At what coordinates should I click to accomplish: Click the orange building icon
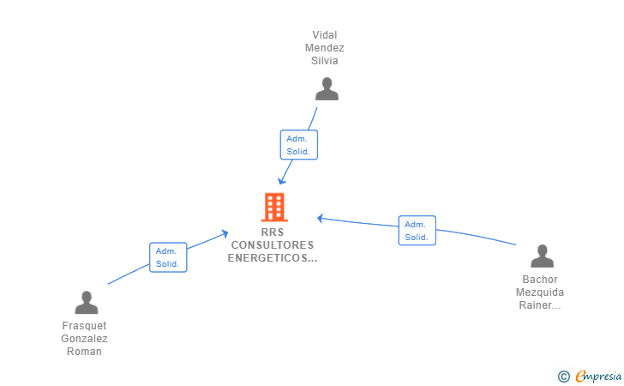coord(274,207)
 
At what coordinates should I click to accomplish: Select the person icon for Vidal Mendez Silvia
coord(327,89)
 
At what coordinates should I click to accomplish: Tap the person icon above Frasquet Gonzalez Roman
coord(87,302)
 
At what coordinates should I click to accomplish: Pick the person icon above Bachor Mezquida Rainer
coord(542,256)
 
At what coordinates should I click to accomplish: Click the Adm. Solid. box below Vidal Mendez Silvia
coord(299,145)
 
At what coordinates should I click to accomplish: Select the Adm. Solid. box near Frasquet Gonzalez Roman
coord(168,257)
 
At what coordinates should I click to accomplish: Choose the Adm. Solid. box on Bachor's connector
coord(417,230)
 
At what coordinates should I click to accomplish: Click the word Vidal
coord(324,35)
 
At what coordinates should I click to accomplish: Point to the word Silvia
coord(324,61)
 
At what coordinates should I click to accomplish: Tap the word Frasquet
coord(84,326)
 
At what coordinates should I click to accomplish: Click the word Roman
coord(84,352)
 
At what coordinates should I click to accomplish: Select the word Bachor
coord(540,280)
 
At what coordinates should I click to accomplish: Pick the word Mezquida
coord(540,293)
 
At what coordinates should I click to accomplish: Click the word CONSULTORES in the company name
coord(273,245)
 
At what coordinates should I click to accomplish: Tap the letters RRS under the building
coord(273,232)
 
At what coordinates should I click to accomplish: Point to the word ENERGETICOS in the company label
coord(267,257)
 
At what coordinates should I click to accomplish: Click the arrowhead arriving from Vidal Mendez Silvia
coord(281,181)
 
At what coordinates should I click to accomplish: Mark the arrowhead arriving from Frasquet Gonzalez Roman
coord(225,233)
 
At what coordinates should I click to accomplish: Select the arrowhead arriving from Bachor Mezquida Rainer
coord(320,218)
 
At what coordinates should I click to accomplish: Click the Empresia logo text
coord(598,376)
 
